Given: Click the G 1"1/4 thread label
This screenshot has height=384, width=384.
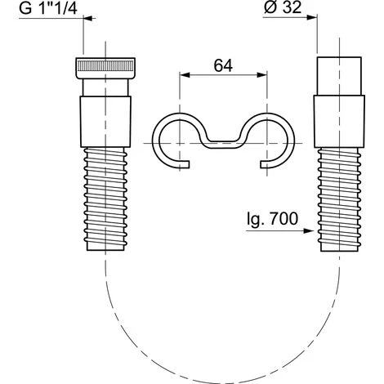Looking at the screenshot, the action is pos(48,8).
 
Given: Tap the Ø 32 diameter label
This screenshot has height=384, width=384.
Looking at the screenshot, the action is pos(283,7).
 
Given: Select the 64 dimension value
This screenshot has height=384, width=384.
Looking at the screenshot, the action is pos(223,65).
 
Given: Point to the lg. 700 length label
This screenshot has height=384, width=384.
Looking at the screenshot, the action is pos(272,220).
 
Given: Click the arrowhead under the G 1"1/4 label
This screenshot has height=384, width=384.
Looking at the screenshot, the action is pos(90,18).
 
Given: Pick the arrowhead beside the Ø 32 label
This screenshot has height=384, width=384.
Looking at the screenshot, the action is pos(311,17).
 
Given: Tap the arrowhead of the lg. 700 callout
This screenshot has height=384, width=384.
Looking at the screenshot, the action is pos(308,230).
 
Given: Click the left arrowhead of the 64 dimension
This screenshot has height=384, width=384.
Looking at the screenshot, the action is pos(185,75).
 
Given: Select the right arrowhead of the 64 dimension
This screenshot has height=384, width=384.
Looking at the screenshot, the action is pos(261,75).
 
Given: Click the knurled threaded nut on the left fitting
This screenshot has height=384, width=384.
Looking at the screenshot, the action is pos(105,68).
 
